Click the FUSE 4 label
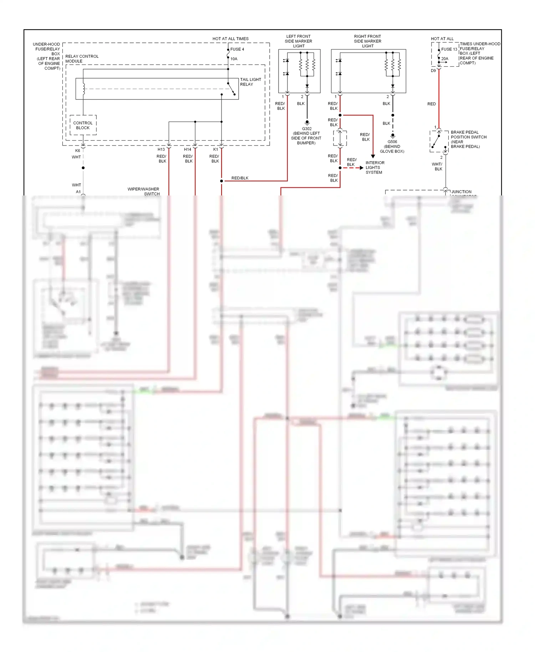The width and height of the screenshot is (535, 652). click(x=237, y=49)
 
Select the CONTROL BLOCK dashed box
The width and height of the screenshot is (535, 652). click(x=83, y=125)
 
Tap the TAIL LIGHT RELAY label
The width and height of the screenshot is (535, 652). click(x=250, y=82)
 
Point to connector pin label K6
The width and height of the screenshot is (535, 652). click(x=77, y=151)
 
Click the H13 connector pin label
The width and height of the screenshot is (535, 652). click(x=161, y=149)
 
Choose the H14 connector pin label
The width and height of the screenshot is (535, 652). click(x=188, y=149)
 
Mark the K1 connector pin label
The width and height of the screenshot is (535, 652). click(x=215, y=149)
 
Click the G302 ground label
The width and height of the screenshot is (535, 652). click(x=307, y=129)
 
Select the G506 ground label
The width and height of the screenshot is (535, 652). click(x=392, y=142)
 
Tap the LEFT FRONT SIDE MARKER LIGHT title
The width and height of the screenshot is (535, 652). click(x=299, y=41)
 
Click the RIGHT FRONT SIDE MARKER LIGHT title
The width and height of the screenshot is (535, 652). click(x=368, y=41)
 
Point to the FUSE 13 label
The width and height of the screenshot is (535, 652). click(x=449, y=49)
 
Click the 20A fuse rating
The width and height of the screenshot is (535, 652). click(x=445, y=59)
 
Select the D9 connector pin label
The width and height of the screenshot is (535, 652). click(x=433, y=71)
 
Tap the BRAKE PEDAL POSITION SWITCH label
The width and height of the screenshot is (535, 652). click(x=468, y=139)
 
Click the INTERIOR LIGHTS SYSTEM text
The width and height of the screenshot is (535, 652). click(x=374, y=167)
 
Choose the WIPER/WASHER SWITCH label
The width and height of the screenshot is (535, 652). click(x=144, y=191)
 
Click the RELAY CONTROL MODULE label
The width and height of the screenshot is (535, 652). click(x=82, y=58)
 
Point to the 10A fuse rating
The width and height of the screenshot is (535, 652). click(x=234, y=59)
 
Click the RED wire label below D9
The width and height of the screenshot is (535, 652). click(x=432, y=104)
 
